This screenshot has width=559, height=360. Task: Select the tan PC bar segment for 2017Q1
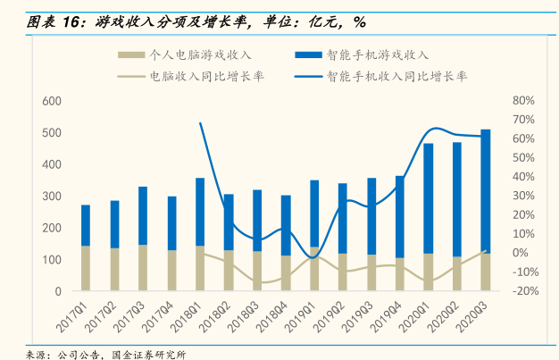point(86,268)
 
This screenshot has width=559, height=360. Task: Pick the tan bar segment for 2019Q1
point(314,268)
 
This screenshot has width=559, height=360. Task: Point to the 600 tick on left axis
point(51,101)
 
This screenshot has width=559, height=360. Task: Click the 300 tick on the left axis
point(51,197)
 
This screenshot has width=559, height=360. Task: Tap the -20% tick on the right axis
point(523,291)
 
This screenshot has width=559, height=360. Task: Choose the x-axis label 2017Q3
point(130,314)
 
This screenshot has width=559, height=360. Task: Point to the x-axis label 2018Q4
point(273,314)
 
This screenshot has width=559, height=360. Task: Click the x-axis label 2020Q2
point(445,314)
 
